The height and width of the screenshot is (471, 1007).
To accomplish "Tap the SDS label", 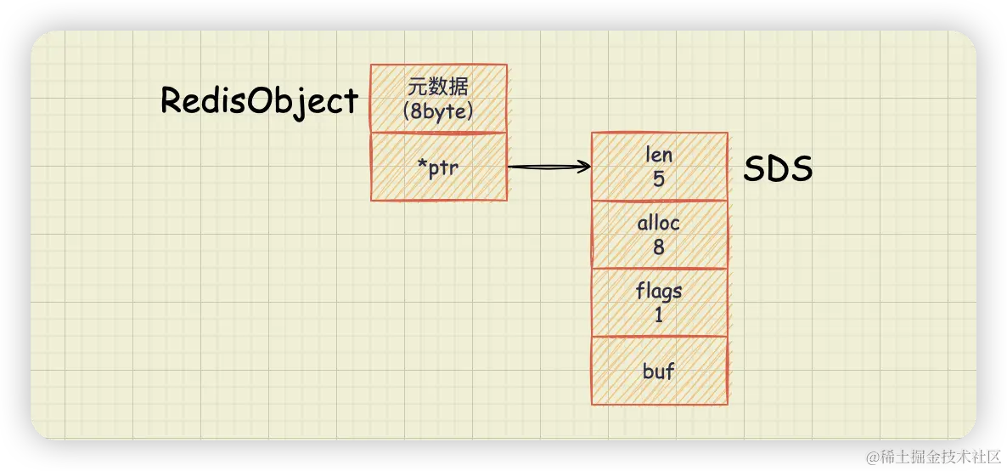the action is click(779, 170).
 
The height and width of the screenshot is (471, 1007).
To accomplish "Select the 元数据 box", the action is click(439, 99).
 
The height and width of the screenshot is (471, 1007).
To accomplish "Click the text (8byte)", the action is click(439, 111).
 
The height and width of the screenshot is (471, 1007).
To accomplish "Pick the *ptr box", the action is click(439, 167).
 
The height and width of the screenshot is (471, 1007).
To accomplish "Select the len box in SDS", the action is click(659, 167).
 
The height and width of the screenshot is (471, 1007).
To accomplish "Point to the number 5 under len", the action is click(659, 179).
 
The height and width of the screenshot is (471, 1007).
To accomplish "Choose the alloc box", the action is click(659, 235).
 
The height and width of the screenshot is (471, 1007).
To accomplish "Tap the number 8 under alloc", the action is click(659, 247).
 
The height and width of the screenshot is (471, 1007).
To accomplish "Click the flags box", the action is click(659, 303).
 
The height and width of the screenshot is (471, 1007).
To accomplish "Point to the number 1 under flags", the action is click(659, 315).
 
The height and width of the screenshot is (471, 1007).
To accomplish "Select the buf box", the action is click(659, 371).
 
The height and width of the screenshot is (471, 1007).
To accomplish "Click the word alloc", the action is click(659, 224).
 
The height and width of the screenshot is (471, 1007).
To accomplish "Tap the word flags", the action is click(659, 292).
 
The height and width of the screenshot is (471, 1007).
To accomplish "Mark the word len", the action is click(659, 155).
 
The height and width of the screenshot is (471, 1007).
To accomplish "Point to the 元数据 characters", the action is click(439, 87).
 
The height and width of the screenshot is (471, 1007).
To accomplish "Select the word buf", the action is click(659, 372).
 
